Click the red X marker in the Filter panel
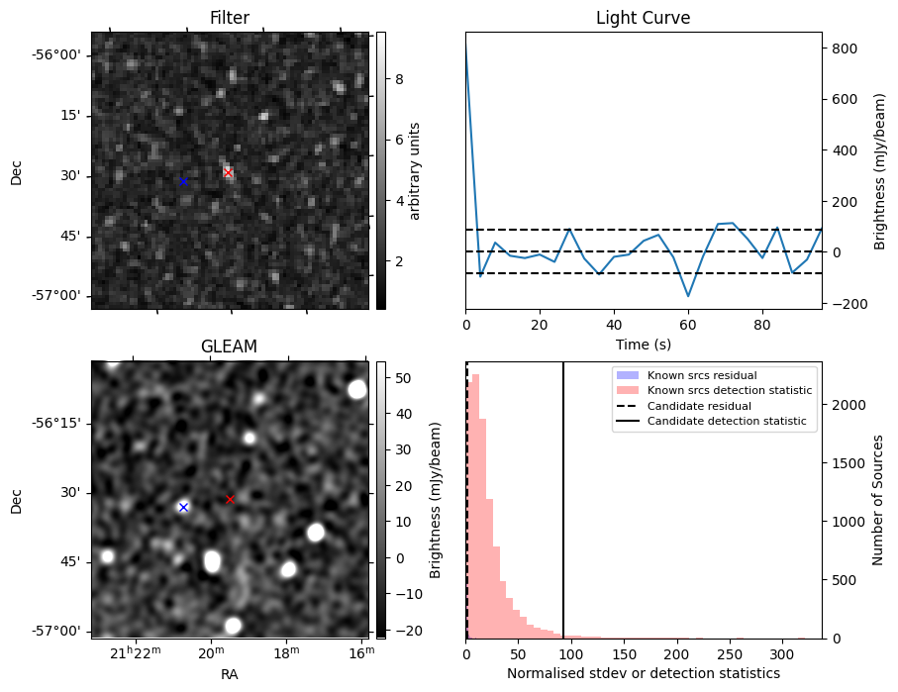tap(228, 172)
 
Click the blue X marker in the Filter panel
tap(183, 181)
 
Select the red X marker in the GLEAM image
tap(230, 499)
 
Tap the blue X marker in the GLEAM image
tap(183, 507)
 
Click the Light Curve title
tap(643, 18)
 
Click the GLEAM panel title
tap(229, 346)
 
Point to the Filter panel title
tap(229, 18)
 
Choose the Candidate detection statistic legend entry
tap(727, 422)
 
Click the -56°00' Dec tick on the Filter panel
tap(57, 54)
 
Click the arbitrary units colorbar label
tap(415, 170)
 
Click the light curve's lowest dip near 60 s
tap(688, 296)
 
